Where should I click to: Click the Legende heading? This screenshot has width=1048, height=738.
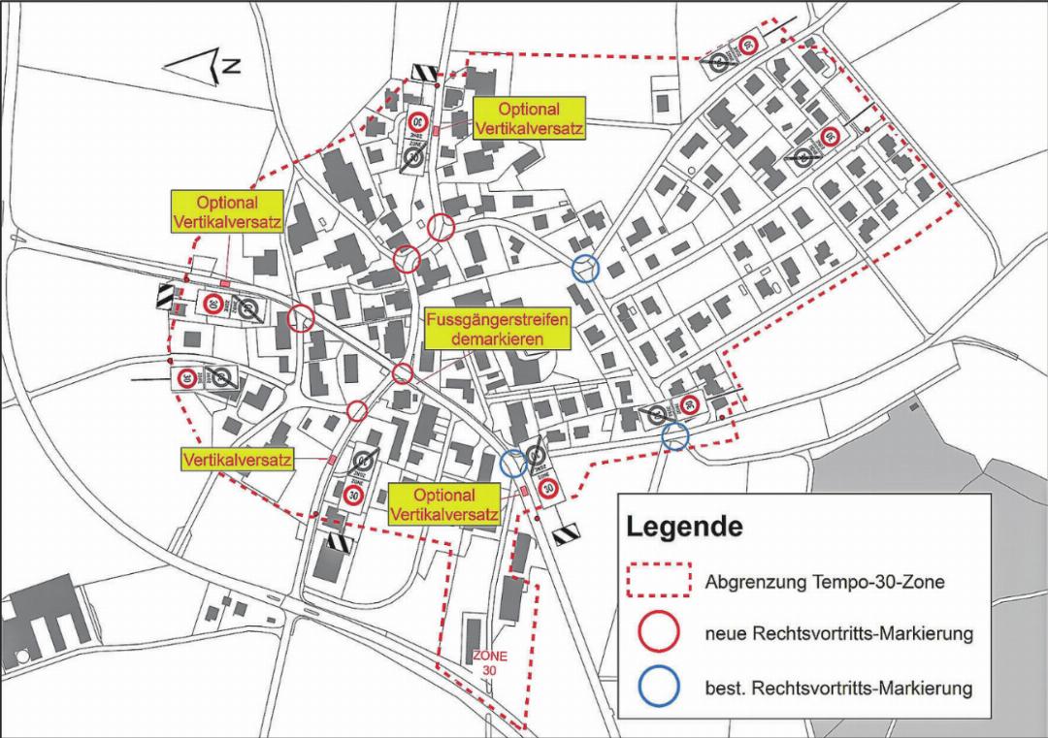684,529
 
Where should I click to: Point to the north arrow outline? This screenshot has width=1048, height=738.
193,67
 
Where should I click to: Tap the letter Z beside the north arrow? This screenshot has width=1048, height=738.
232,66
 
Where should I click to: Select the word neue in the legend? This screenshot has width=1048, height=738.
725,634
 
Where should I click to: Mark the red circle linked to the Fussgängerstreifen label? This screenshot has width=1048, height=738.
403,373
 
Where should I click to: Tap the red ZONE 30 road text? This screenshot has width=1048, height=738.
490,663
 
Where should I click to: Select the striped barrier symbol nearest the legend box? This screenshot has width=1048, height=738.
566,532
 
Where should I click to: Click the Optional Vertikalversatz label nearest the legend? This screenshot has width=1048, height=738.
443,505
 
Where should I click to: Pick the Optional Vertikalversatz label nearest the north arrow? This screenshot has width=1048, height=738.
226,212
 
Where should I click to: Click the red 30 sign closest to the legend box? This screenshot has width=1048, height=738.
548,488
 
